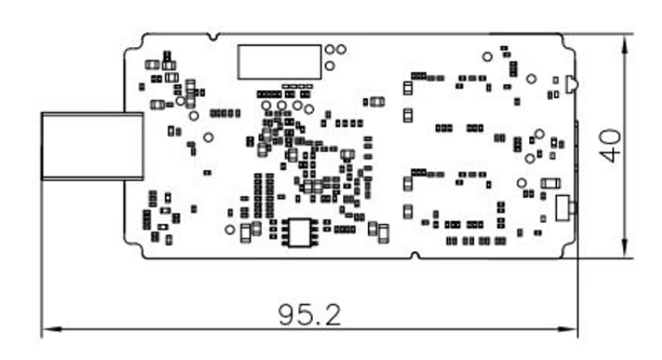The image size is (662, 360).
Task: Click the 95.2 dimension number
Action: tap(308, 315)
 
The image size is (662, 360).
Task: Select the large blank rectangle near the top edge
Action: tap(278, 61)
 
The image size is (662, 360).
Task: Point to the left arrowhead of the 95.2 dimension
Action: tap(47, 329)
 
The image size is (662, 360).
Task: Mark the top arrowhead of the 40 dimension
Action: tap(627, 40)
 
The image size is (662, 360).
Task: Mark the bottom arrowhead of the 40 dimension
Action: tap(627, 253)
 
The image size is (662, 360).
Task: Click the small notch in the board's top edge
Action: tap(211, 37)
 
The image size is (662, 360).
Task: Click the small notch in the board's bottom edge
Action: tap(414, 257)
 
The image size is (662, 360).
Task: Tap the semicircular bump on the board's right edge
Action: tap(571, 86)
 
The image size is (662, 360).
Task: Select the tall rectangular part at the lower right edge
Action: tap(561, 208)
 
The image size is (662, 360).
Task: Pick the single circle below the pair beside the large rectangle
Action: tap(330, 65)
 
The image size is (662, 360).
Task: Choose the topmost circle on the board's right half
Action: tap(486, 57)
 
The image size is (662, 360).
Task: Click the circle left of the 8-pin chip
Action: tap(230, 229)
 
